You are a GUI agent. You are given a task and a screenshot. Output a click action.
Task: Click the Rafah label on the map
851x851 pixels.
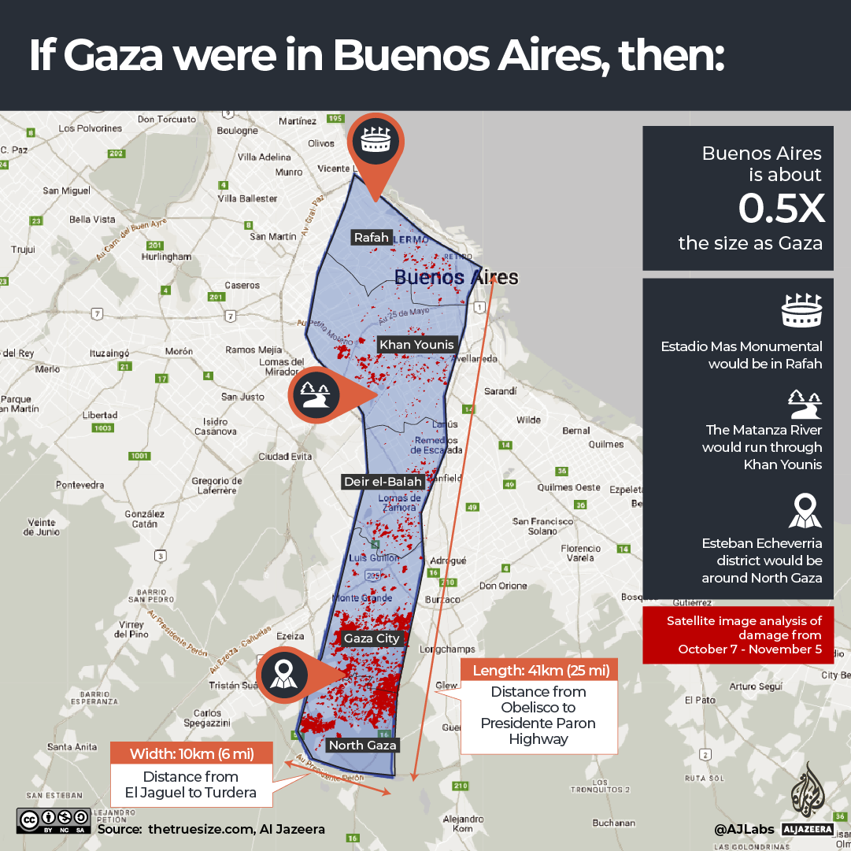pos(372,237)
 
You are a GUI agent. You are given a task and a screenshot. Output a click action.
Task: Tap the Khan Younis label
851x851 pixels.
pos(416,344)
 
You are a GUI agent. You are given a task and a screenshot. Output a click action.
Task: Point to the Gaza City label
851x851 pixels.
pos(372,638)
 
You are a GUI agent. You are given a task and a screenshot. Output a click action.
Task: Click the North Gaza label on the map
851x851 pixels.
pos(363,745)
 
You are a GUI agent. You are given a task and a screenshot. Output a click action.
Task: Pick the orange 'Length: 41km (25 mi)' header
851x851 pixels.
pos(539,670)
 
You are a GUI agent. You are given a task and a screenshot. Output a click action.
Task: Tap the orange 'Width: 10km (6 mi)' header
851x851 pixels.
pos(191,753)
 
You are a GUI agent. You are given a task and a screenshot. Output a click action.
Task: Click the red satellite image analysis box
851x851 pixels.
pos(738,635)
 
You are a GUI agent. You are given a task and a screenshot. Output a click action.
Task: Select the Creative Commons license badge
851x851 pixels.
pos(54,820)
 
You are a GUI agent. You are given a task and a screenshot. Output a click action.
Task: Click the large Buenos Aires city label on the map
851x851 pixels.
pos(456,277)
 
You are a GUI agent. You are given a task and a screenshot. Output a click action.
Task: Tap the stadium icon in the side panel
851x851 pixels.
pos(802,312)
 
